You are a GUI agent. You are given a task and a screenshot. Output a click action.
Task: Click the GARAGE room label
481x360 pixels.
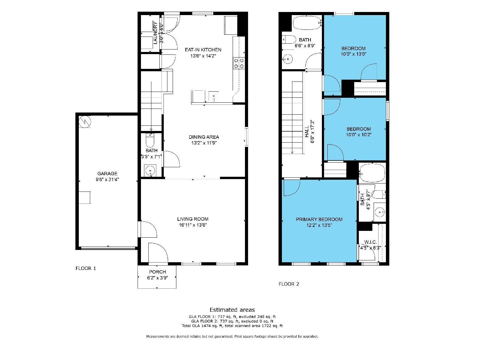[x=107, y=174]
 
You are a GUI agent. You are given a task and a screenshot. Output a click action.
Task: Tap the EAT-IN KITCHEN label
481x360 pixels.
[x=203, y=49]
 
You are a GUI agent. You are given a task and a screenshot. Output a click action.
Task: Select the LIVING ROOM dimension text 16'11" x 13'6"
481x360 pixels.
[x=193, y=225]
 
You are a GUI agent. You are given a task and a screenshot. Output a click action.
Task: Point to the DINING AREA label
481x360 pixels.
[x=204, y=137]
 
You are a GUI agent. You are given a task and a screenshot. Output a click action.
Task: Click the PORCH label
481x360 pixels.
[x=157, y=272]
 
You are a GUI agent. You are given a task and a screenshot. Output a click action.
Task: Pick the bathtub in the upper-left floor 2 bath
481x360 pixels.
[x=307, y=23]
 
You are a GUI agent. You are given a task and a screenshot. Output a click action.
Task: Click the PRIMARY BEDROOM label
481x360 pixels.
[x=319, y=219]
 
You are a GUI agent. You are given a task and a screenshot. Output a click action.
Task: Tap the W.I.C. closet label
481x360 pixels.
[x=370, y=242]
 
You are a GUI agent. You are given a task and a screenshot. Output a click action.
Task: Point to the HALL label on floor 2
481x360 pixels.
[x=307, y=133]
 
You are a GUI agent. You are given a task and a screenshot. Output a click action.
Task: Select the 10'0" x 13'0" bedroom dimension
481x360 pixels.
[x=354, y=54]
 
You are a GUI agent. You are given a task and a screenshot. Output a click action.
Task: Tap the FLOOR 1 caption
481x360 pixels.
[x=86, y=268]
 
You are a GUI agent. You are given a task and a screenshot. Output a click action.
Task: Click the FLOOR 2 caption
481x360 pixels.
[x=289, y=284]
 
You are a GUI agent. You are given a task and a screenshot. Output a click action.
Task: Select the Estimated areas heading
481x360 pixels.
[x=232, y=310]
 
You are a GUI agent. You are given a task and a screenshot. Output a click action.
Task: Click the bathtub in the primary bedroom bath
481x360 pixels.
[x=372, y=173]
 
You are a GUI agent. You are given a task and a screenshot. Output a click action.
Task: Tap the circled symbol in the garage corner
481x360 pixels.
[x=85, y=121]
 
